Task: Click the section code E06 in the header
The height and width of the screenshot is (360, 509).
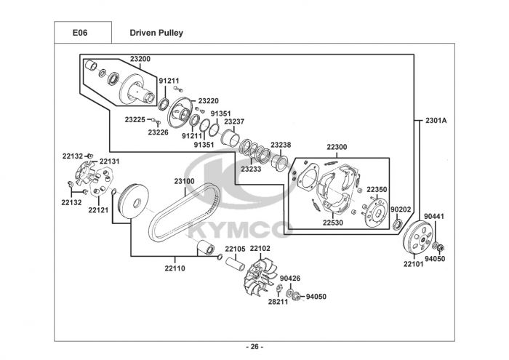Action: (80, 33)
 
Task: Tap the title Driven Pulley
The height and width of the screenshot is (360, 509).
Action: (156, 33)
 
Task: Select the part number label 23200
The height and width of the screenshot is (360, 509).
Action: (140, 58)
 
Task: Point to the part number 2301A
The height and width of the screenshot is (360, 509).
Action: (436, 120)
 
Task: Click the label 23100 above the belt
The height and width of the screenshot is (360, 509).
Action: (183, 180)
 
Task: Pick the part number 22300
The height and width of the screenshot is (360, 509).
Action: (337, 148)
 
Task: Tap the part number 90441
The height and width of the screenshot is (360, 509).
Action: (434, 215)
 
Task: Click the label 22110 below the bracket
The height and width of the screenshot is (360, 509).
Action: (175, 267)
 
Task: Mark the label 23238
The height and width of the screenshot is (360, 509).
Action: (281, 145)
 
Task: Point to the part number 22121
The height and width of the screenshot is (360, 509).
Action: (98, 210)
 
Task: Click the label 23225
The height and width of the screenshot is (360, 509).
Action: (135, 119)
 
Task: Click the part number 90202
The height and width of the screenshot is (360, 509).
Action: (401, 209)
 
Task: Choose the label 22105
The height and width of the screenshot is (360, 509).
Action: (234, 249)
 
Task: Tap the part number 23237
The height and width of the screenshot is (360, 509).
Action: (234, 121)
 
